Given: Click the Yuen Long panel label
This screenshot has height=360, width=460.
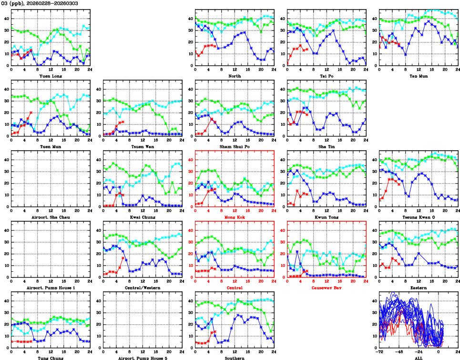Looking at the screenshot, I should coord(50,76).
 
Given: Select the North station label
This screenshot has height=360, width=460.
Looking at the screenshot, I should coord(234,76).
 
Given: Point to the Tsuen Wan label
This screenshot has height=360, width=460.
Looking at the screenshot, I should coord(142,146).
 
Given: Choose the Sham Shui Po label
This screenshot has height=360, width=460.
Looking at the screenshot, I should coord(234,146).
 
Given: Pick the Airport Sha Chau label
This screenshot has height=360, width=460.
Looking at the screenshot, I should coord(50,217).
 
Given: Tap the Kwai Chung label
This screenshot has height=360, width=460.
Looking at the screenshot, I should coord(142,217).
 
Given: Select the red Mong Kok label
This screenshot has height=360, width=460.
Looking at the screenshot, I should coord(234,217).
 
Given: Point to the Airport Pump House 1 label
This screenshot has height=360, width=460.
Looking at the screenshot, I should coord(50,288).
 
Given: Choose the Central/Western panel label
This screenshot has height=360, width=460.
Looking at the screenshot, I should coord(142,288).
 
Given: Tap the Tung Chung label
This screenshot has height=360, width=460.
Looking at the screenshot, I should coord(50,358).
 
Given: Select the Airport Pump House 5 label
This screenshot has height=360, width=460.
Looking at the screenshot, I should coord(142,358).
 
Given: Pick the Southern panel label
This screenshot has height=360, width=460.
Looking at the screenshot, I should coord(234,358).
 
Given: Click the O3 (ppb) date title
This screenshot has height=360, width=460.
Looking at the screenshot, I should coord(35,3).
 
